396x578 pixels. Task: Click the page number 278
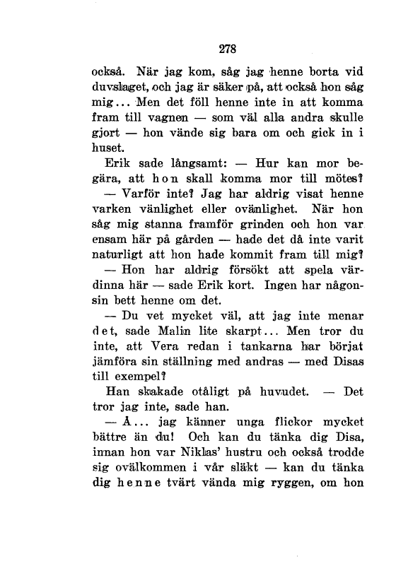[226, 49]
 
